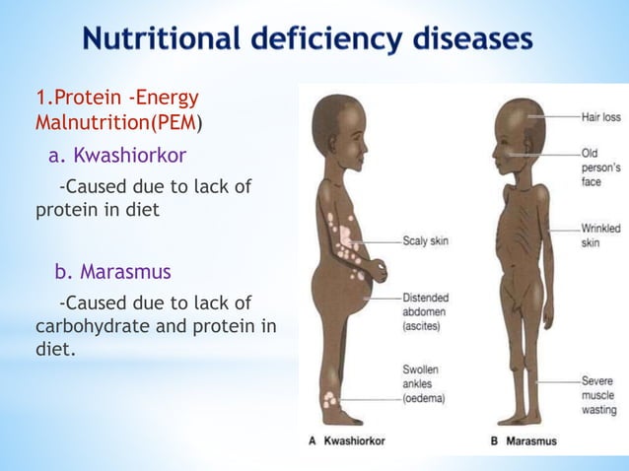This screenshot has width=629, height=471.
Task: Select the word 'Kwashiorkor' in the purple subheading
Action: tap(130, 155)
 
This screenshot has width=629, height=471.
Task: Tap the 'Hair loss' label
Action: tap(600, 117)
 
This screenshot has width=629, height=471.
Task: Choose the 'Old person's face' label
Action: tap(600, 169)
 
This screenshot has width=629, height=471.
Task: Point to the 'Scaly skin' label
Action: tap(425, 240)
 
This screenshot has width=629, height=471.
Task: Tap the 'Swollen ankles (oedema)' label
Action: tap(424, 384)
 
